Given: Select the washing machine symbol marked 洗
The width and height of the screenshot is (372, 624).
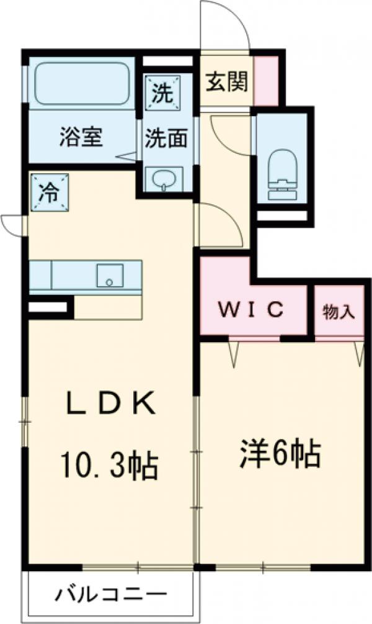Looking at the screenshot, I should click(163, 94).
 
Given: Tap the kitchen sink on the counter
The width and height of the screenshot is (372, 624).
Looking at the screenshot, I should click(110, 274).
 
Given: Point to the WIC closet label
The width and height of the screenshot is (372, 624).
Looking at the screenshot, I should click(252, 308).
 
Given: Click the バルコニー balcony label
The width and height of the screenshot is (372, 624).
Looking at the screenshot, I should click(112, 594).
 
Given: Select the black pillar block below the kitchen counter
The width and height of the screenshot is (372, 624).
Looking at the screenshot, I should click(48, 306).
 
